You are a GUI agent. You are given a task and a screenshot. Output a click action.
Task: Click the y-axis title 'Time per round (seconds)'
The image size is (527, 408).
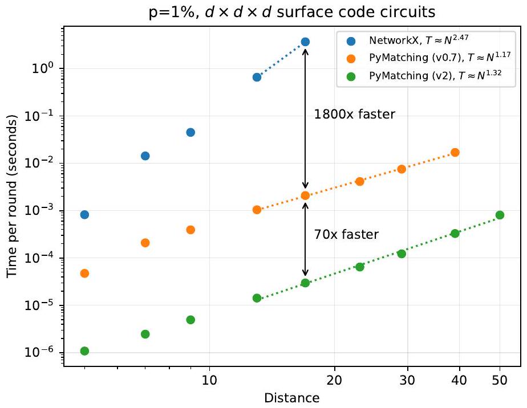click(x=13, y=195)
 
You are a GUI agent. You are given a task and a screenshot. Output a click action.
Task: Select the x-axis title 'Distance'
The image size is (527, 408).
click(x=291, y=397)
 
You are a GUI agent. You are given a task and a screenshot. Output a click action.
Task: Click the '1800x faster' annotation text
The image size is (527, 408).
click(x=354, y=115)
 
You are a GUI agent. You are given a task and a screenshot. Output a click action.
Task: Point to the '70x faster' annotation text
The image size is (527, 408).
click(x=346, y=234)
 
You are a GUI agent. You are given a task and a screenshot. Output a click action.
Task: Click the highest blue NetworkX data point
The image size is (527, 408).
click(x=305, y=42)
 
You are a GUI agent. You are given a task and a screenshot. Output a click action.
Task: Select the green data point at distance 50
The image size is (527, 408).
click(x=500, y=215)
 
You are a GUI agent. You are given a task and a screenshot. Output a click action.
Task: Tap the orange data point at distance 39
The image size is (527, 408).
click(x=455, y=152)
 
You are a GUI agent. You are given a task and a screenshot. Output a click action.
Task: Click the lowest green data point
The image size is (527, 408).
click(x=84, y=351)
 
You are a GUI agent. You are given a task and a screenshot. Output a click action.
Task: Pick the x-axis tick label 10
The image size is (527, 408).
click(x=210, y=380)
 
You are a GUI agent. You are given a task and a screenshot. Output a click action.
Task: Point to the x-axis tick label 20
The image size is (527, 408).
click(x=335, y=380)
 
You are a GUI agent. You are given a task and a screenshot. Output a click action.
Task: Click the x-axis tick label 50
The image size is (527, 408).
click(x=500, y=380)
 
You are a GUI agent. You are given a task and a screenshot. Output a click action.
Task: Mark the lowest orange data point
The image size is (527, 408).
click(x=84, y=273)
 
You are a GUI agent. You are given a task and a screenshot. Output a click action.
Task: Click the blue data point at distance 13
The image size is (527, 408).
click(x=257, y=77)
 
